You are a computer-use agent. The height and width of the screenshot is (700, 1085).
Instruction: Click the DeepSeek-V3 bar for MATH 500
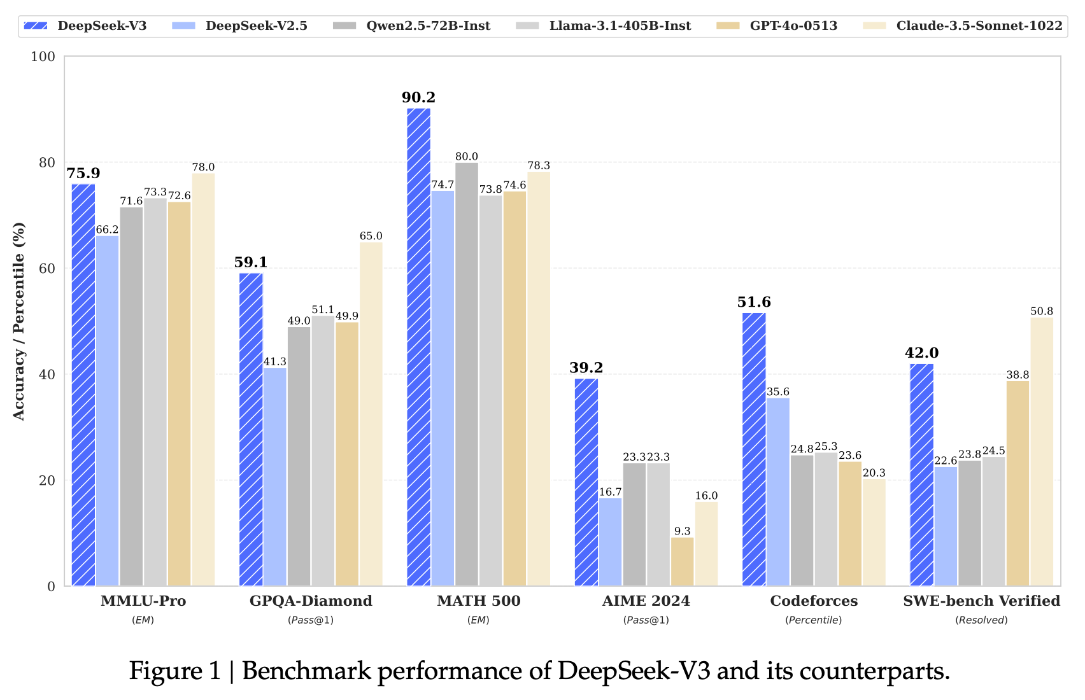coord(418,347)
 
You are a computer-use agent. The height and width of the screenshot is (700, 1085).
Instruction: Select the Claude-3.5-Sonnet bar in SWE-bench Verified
coord(1042,452)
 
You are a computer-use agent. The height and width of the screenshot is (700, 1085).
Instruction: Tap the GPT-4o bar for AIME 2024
coord(682,561)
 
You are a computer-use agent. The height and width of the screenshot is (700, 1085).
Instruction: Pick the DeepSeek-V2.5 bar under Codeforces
coord(778,491)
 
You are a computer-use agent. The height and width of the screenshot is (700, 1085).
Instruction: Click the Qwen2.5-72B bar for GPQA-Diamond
coord(299,456)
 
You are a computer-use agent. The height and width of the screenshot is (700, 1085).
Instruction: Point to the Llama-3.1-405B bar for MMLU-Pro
coord(155,391)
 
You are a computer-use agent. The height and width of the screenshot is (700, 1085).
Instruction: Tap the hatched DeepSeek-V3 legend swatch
coord(36,26)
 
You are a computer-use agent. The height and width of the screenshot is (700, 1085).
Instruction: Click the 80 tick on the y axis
coord(46,162)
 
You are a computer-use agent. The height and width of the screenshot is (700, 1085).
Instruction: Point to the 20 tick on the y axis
coord(46,480)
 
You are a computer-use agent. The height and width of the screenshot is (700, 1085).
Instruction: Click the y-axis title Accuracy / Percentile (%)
coord(19,321)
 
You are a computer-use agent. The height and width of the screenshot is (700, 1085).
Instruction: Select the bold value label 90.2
coord(418,97)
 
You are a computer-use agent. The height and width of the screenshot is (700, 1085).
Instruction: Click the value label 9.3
coord(682,531)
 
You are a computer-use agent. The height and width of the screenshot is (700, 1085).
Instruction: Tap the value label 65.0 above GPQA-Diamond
coord(371,236)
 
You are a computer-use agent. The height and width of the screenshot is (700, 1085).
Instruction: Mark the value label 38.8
coord(1018,375)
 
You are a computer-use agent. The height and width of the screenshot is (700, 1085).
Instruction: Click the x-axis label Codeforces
coord(814,601)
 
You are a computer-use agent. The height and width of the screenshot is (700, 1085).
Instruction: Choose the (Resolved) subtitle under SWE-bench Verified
coord(981,620)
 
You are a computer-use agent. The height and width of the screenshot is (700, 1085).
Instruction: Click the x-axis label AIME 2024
coord(646,601)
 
